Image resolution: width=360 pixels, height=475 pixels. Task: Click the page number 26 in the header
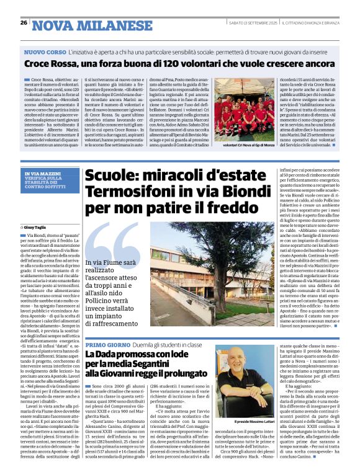point(23,23)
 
